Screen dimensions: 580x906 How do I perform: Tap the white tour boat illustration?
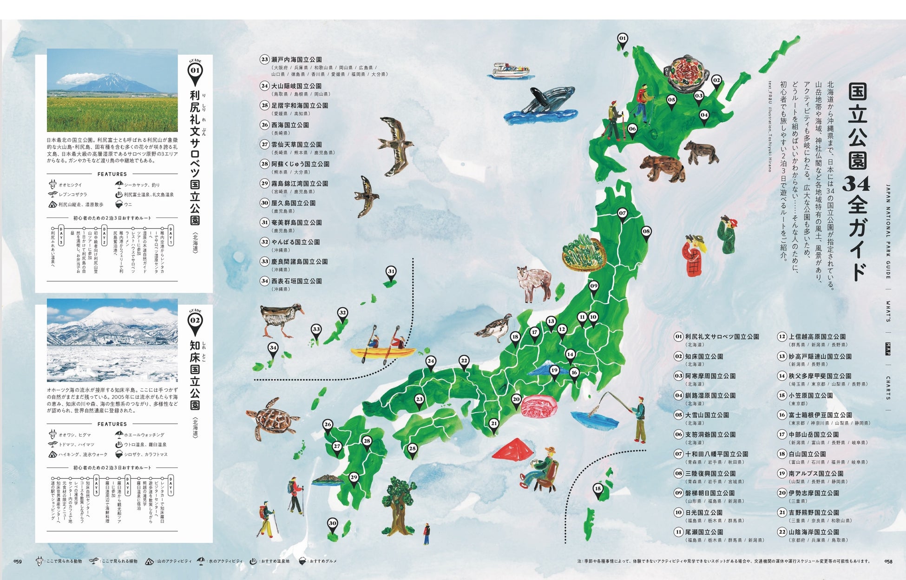click(x=510, y=70)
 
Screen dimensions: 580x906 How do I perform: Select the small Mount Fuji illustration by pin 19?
click(x=545, y=369)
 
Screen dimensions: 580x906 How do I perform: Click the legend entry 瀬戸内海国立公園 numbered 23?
click(x=296, y=59)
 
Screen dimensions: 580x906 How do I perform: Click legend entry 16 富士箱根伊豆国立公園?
click(x=820, y=415)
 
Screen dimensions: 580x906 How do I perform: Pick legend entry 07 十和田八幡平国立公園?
click(x=716, y=454)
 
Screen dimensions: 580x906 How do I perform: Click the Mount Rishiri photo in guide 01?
click(x=112, y=91)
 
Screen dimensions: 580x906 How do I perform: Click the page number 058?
click(x=888, y=561)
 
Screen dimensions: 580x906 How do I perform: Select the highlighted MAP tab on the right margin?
click(x=888, y=349)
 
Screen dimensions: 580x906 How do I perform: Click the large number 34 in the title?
click(x=856, y=185)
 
